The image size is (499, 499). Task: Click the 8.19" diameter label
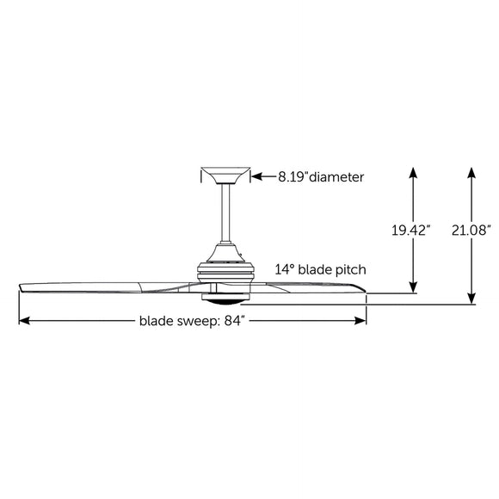click(x=320, y=177)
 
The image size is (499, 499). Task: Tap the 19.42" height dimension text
click(x=410, y=230)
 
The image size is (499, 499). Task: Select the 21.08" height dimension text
click(x=470, y=230)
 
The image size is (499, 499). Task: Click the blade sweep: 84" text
click(x=192, y=322)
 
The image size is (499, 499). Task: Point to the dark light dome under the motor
click(x=225, y=300)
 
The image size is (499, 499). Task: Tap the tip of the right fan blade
click(x=365, y=296)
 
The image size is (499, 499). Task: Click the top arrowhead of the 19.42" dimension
click(x=414, y=172)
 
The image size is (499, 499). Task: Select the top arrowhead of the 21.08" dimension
click(x=472, y=172)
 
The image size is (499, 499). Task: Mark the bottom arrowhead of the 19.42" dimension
click(x=414, y=287)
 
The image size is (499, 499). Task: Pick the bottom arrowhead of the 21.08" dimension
click(x=472, y=298)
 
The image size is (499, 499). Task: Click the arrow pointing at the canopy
click(x=258, y=177)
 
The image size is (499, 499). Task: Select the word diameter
click(x=336, y=177)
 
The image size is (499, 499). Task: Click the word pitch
click(x=350, y=269)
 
